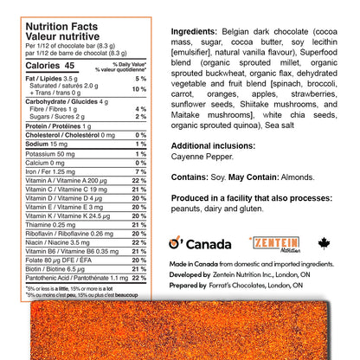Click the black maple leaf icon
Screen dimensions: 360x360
pos(324,243)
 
